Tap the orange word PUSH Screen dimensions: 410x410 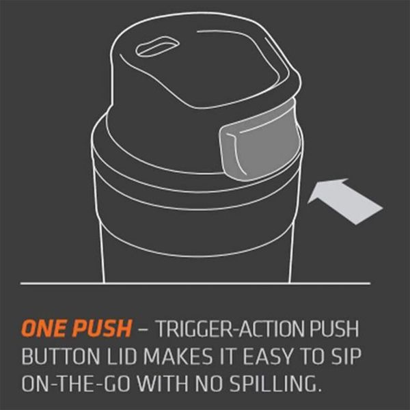tap(101, 328)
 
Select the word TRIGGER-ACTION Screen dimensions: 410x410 tap(231, 329)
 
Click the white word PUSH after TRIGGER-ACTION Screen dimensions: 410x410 tap(334, 329)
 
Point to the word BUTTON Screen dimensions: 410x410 tap(62, 356)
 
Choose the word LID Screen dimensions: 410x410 tap(122, 356)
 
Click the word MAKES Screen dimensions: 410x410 tap(178, 356)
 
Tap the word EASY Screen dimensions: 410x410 tap(267, 356)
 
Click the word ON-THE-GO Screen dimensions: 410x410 tap(76, 383)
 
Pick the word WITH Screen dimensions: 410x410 tap(163, 383)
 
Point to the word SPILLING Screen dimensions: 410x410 tap(273, 383)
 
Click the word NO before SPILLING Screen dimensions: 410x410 tap(210, 383)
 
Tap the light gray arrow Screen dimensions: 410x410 tap(345, 202)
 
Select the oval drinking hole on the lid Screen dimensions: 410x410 tap(157, 46)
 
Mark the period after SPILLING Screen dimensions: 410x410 tap(318, 390)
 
